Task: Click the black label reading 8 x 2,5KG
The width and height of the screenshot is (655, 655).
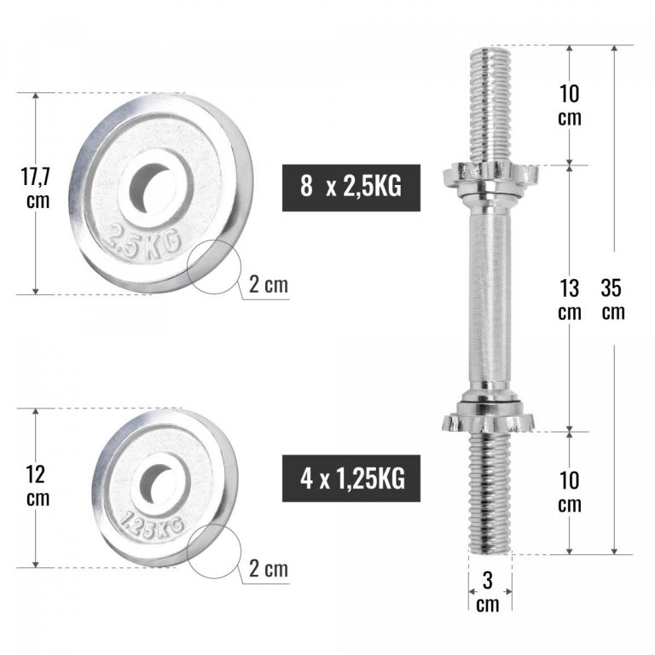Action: click(x=351, y=188)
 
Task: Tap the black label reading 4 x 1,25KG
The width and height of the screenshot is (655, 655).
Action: click(x=351, y=478)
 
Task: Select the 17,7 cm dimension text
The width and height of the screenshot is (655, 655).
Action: click(x=37, y=188)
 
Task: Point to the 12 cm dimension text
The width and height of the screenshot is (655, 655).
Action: click(x=37, y=486)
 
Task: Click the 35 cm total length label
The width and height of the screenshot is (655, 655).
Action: click(x=612, y=299)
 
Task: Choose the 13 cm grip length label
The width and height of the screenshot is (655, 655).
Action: click(x=570, y=299)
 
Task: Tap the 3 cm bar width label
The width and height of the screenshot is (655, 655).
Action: click(x=488, y=592)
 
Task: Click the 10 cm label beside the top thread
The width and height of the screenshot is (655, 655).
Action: click(x=570, y=105)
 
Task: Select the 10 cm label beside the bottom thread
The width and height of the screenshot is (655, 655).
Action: click(x=570, y=491)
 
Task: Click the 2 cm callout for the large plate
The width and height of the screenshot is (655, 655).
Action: click(x=269, y=285)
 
